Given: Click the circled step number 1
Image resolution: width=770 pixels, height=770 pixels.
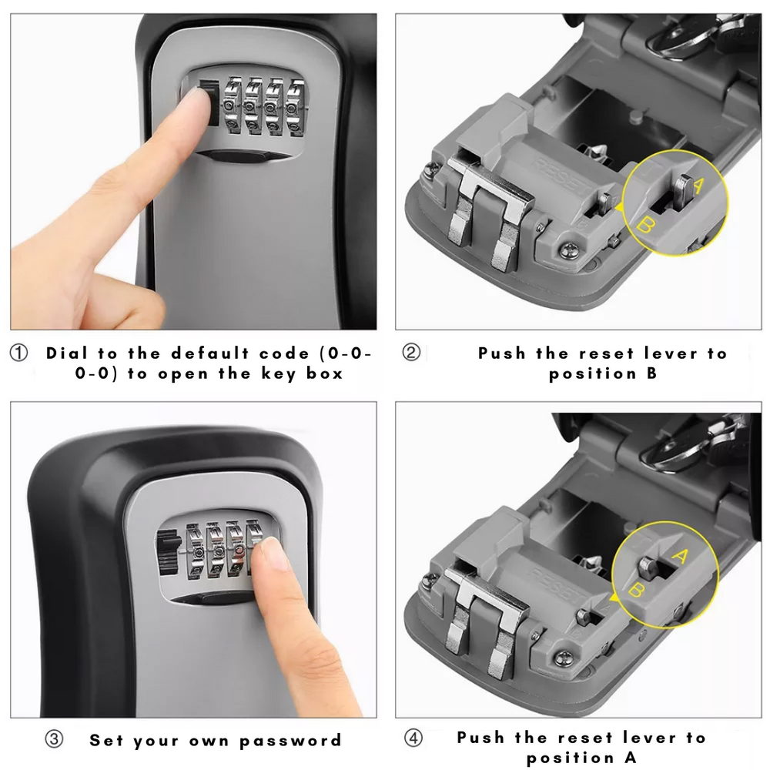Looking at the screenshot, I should pyautogui.click(x=18, y=353).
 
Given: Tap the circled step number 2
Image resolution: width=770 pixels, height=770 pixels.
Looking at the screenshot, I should pyautogui.click(x=412, y=353).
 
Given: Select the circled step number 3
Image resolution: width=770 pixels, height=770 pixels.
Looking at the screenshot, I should pyautogui.click(x=53, y=740).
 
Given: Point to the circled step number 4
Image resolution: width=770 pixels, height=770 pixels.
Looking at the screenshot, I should pyautogui.click(x=414, y=738).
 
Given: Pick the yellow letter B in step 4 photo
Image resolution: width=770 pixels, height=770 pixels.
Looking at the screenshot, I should pyautogui.click(x=637, y=591).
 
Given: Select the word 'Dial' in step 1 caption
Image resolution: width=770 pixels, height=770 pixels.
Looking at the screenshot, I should pyautogui.click(x=69, y=353).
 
